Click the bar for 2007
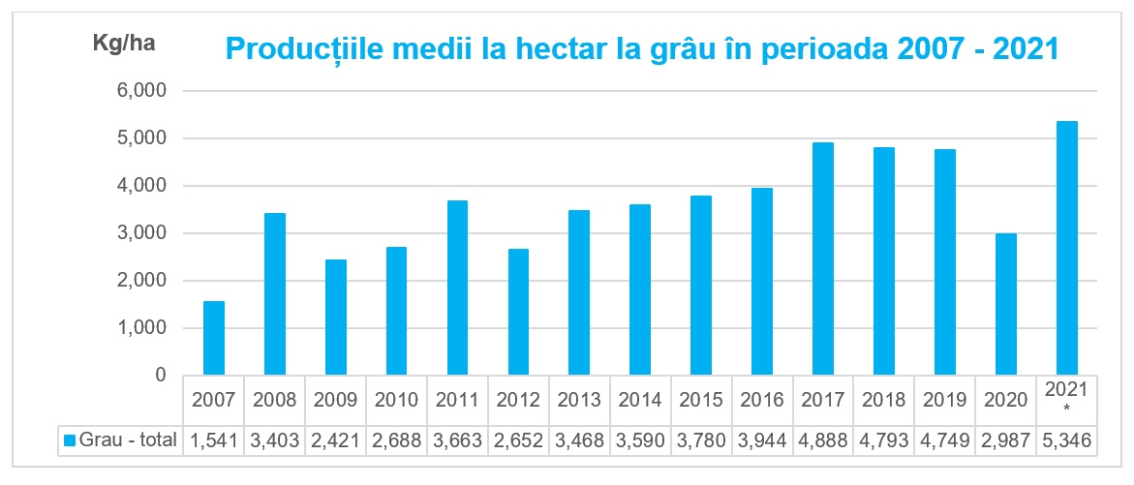(x=213, y=338)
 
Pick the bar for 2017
(x=823, y=258)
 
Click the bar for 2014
(x=640, y=289)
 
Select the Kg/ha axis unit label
(x=123, y=43)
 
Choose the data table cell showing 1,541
(x=213, y=441)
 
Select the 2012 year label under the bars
(x=518, y=399)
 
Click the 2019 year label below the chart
(x=945, y=399)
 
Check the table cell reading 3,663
(x=457, y=441)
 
